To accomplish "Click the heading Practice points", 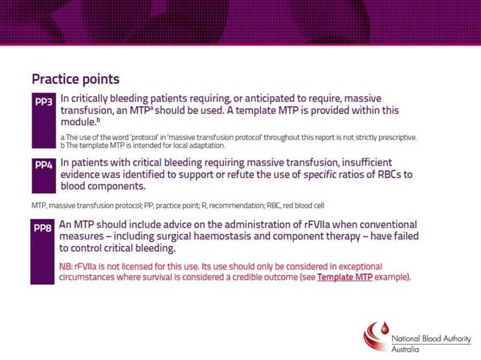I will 75,78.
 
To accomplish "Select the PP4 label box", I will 44,166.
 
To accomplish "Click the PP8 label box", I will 44,228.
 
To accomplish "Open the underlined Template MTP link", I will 345,277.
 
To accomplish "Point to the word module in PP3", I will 78,121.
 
